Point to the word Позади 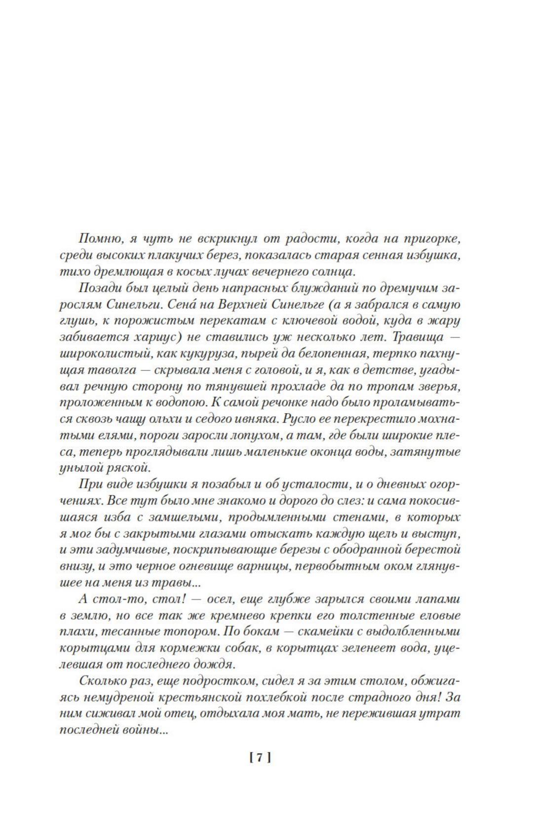tap(97, 289)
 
